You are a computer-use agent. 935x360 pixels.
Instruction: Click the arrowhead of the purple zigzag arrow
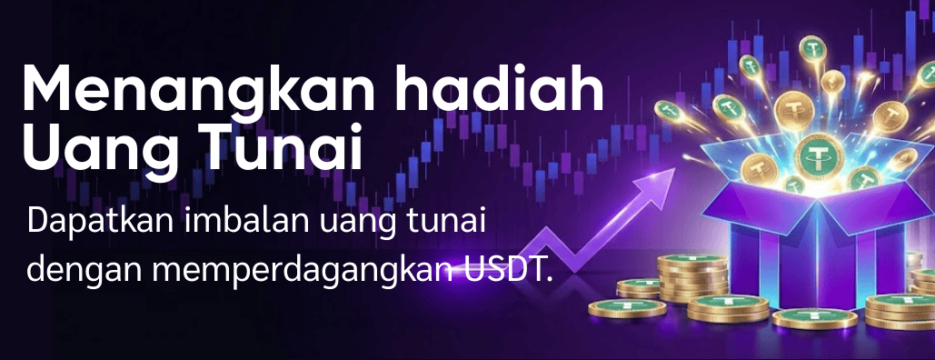coord(658,182)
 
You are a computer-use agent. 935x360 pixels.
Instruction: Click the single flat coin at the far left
coord(627,308)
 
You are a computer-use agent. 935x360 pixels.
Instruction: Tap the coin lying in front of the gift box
coord(814,317)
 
